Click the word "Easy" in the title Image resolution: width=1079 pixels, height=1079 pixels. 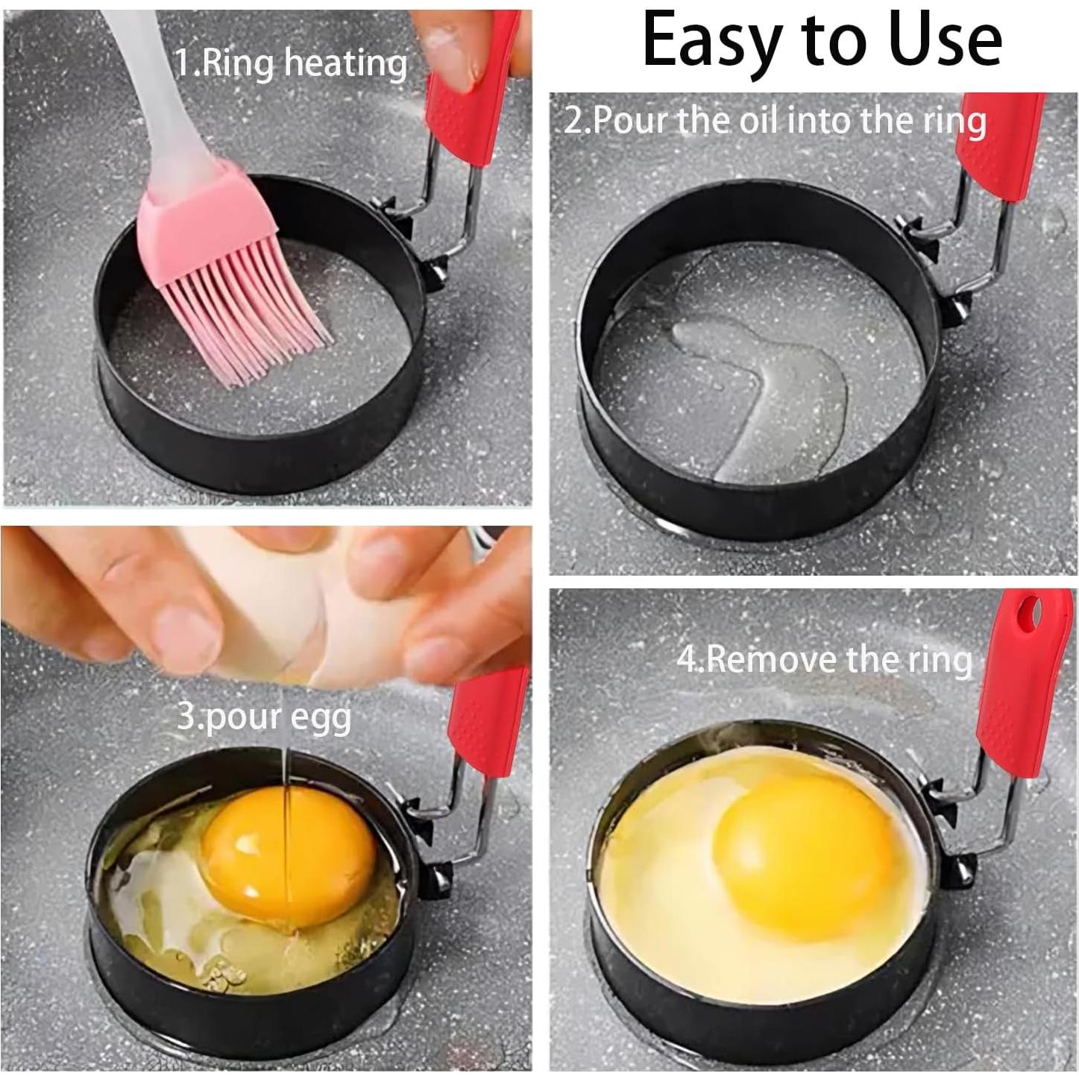pyautogui.click(x=706, y=41)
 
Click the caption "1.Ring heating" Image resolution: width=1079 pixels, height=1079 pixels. pyautogui.click(x=291, y=63)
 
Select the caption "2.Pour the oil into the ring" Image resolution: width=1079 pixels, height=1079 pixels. pyautogui.click(x=775, y=120)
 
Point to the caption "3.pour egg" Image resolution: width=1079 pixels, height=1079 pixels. pyautogui.click(x=264, y=717)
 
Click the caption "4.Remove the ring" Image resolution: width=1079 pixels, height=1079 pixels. pyautogui.click(x=824, y=659)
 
